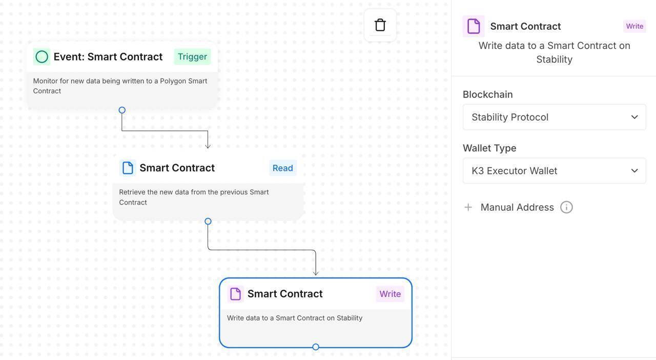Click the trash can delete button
380,25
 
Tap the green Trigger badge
192,56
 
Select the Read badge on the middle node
282,168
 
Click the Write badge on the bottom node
390,294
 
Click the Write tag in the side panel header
634,26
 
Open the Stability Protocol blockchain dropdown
554,117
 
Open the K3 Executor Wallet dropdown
554,171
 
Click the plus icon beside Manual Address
468,207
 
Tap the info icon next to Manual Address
566,207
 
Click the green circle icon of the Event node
42,56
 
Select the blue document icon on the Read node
128,168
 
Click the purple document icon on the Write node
236,294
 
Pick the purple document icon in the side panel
474,26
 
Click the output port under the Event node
122,110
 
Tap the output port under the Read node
208,222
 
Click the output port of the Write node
316,347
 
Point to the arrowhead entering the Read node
208,146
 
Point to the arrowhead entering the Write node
316,273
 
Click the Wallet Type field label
489,148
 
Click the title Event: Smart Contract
108,56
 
